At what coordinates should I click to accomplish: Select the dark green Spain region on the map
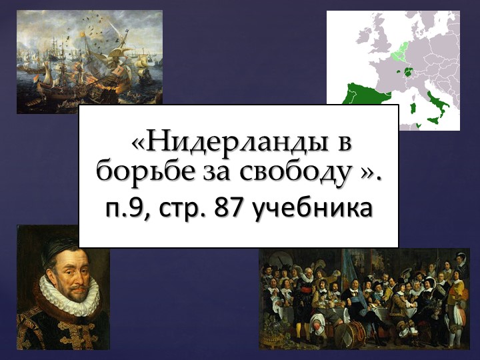[x=363, y=97]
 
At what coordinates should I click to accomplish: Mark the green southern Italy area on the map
[x=441, y=107]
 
